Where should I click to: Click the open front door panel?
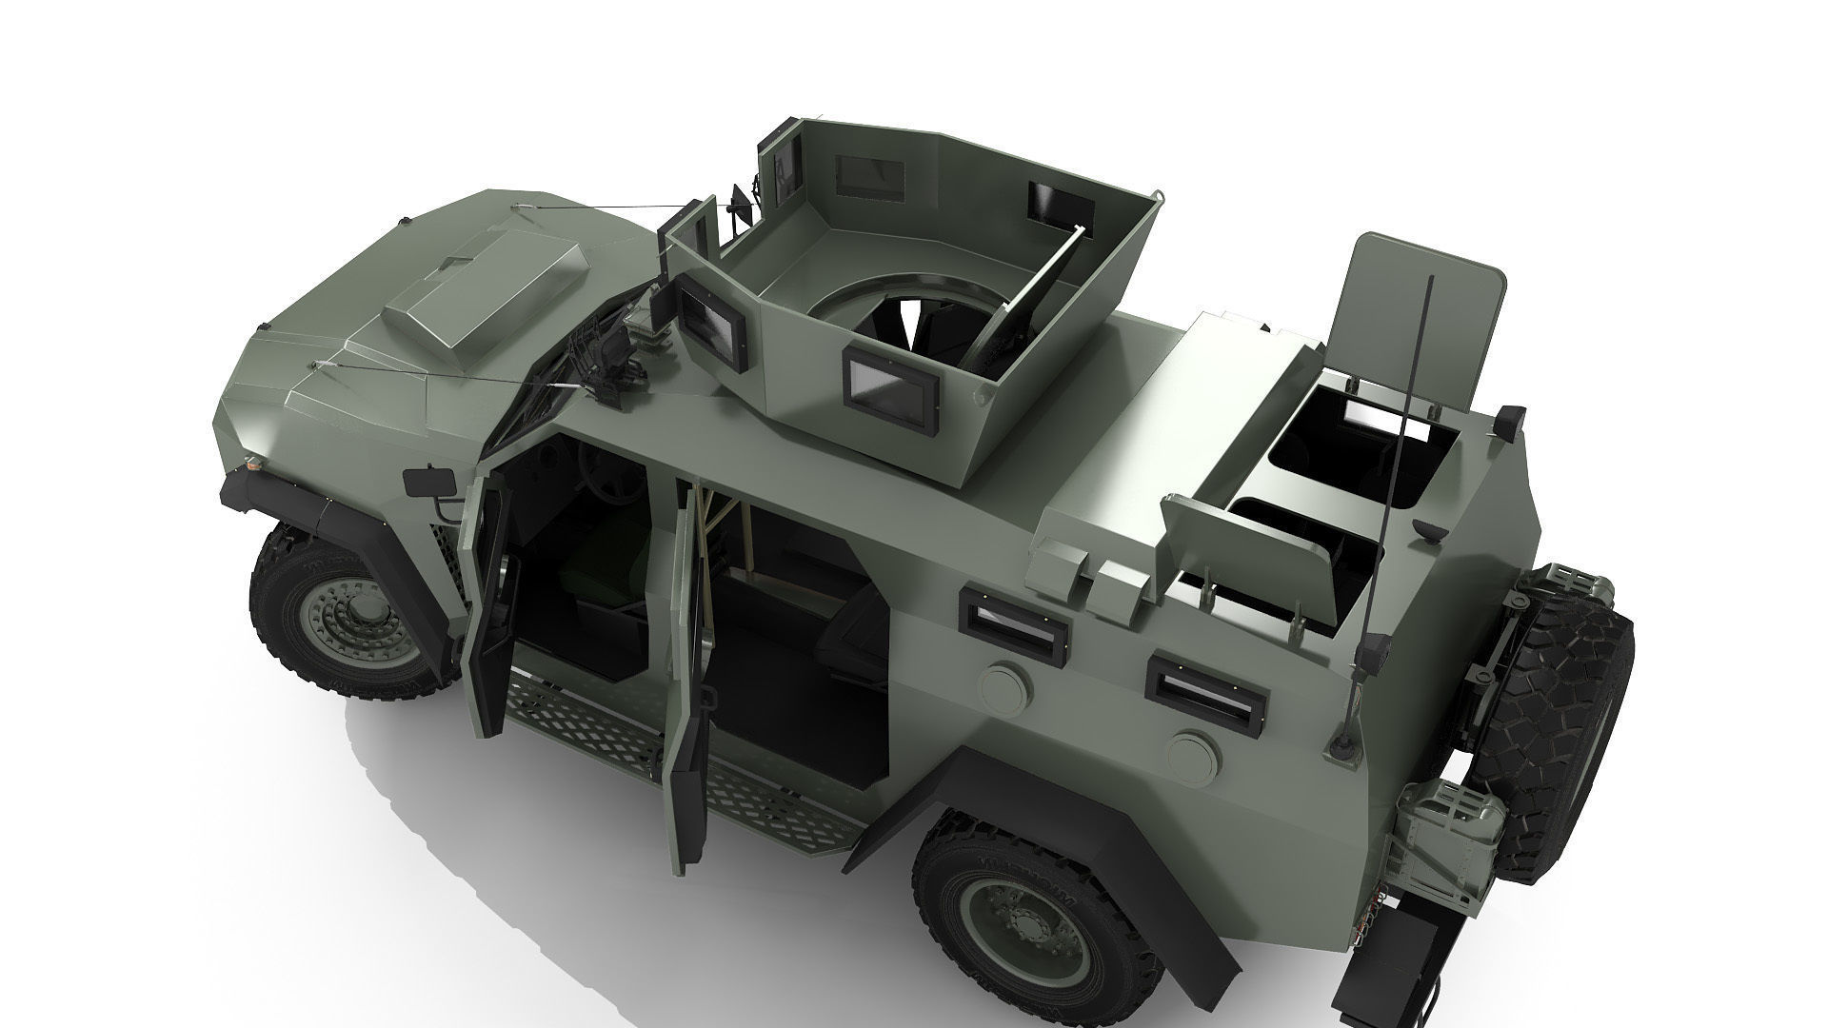[x=486, y=609]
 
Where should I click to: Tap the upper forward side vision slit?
[x=1014, y=620]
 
